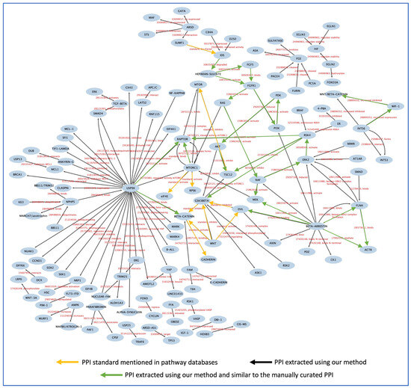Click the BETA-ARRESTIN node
[x=299, y=225]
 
